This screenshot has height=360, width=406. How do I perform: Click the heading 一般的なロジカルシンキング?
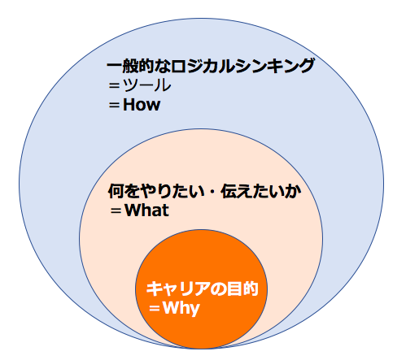coord(211,66)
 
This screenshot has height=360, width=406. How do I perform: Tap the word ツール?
coord(147,85)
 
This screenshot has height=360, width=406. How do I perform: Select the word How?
coord(142,105)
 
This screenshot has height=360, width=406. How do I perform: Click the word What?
coord(146,210)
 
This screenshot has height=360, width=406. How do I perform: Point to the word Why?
coord(181,308)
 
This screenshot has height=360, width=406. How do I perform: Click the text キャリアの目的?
coord(202,288)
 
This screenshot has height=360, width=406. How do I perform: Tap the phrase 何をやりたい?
coord(156,191)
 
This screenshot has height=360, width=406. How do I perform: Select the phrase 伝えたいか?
coord(261,191)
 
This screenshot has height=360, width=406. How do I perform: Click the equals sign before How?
coord(114,105)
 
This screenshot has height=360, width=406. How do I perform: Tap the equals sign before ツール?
coord(114,85)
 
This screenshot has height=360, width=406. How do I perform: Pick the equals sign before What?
coord(116,210)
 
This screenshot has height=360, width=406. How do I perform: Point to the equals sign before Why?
coord(155,308)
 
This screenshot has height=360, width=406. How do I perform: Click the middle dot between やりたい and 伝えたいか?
coord(212,191)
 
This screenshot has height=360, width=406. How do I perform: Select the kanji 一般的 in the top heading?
coord(131,66)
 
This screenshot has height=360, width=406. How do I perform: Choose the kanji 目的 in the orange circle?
coord(242,288)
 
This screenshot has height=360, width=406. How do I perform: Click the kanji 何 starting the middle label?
coord(116,191)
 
